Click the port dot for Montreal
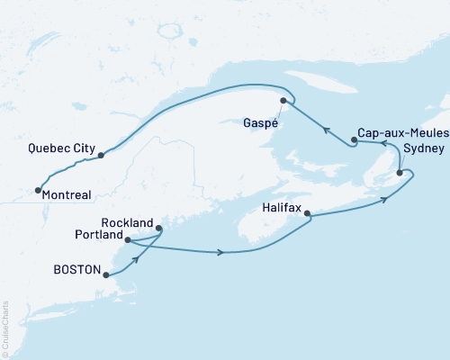point(37,190)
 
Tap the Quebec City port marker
point(101,155)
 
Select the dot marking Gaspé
point(283,100)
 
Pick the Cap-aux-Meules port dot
point(355,140)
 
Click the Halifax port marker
point(308,214)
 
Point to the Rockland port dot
point(159,229)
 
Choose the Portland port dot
point(128,240)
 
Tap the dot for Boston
point(107,276)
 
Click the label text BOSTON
point(75,268)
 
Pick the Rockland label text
point(127,223)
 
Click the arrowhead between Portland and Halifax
point(221,252)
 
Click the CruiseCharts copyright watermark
point(5,329)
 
